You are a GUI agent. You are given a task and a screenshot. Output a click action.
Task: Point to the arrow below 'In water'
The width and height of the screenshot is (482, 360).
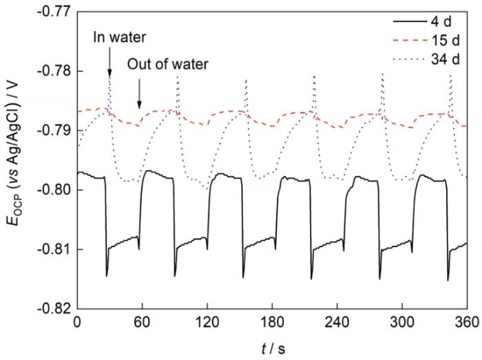point(109,61)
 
